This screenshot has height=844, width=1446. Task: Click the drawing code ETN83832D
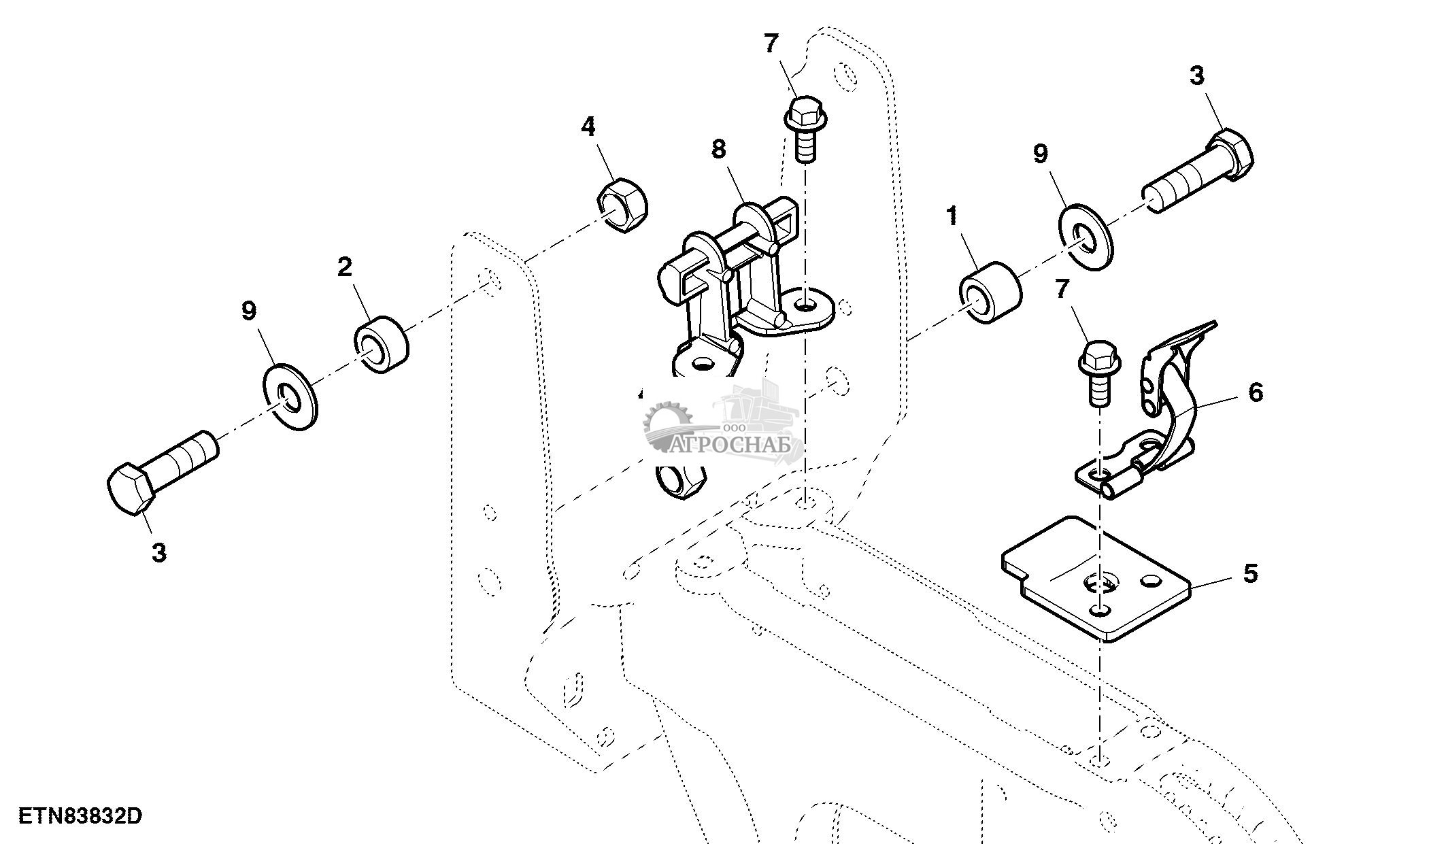pyautogui.click(x=80, y=815)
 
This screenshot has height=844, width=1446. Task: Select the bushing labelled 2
pyautogui.click(x=382, y=344)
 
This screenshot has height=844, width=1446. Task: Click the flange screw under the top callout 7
pyautogui.click(x=805, y=133)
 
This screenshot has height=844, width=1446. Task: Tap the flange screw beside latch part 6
pyautogui.click(x=1096, y=374)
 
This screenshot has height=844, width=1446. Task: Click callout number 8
pyautogui.click(x=718, y=149)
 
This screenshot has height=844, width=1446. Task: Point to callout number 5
pyautogui.click(x=1250, y=573)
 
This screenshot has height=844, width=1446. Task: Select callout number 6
pyautogui.click(x=1256, y=392)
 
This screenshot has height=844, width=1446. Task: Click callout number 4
pyautogui.click(x=588, y=127)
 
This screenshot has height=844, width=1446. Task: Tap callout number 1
pyautogui.click(x=952, y=217)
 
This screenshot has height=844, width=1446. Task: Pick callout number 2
pyautogui.click(x=345, y=267)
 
